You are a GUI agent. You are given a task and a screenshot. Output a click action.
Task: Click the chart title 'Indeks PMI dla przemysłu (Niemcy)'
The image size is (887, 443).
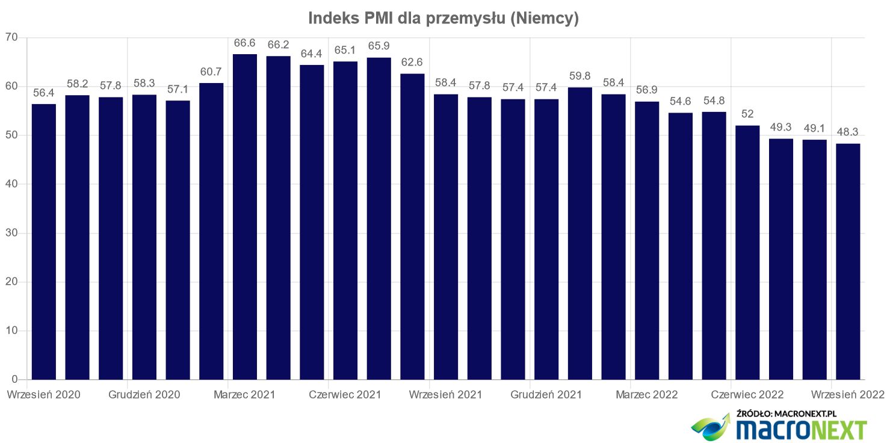(x=443, y=18)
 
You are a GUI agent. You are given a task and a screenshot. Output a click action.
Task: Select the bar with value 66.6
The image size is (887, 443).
(x=245, y=217)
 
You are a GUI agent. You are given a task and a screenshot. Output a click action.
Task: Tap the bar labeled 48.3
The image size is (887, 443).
(x=848, y=261)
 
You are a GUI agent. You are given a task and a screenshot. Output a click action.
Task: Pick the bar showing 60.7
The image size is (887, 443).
(x=211, y=231)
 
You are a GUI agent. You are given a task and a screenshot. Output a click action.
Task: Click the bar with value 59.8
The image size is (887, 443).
(x=580, y=234)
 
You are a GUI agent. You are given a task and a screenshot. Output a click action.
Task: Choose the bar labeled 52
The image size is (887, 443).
(x=747, y=252)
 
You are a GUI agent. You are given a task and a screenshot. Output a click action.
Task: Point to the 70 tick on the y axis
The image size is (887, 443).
(x=12, y=38)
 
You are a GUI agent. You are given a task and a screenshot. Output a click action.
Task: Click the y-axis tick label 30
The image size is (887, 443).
(x=12, y=233)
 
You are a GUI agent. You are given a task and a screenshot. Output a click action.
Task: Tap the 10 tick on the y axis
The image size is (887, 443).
(x=12, y=330)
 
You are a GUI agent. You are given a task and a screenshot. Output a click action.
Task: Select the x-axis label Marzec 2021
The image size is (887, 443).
(x=244, y=395)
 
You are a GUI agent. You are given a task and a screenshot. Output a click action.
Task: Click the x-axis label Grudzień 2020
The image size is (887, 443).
(x=144, y=395)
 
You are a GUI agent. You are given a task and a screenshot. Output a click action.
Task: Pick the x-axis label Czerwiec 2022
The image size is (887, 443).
(x=747, y=395)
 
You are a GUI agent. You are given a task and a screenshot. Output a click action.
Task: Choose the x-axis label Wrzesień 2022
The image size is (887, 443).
(x=847, y=395)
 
